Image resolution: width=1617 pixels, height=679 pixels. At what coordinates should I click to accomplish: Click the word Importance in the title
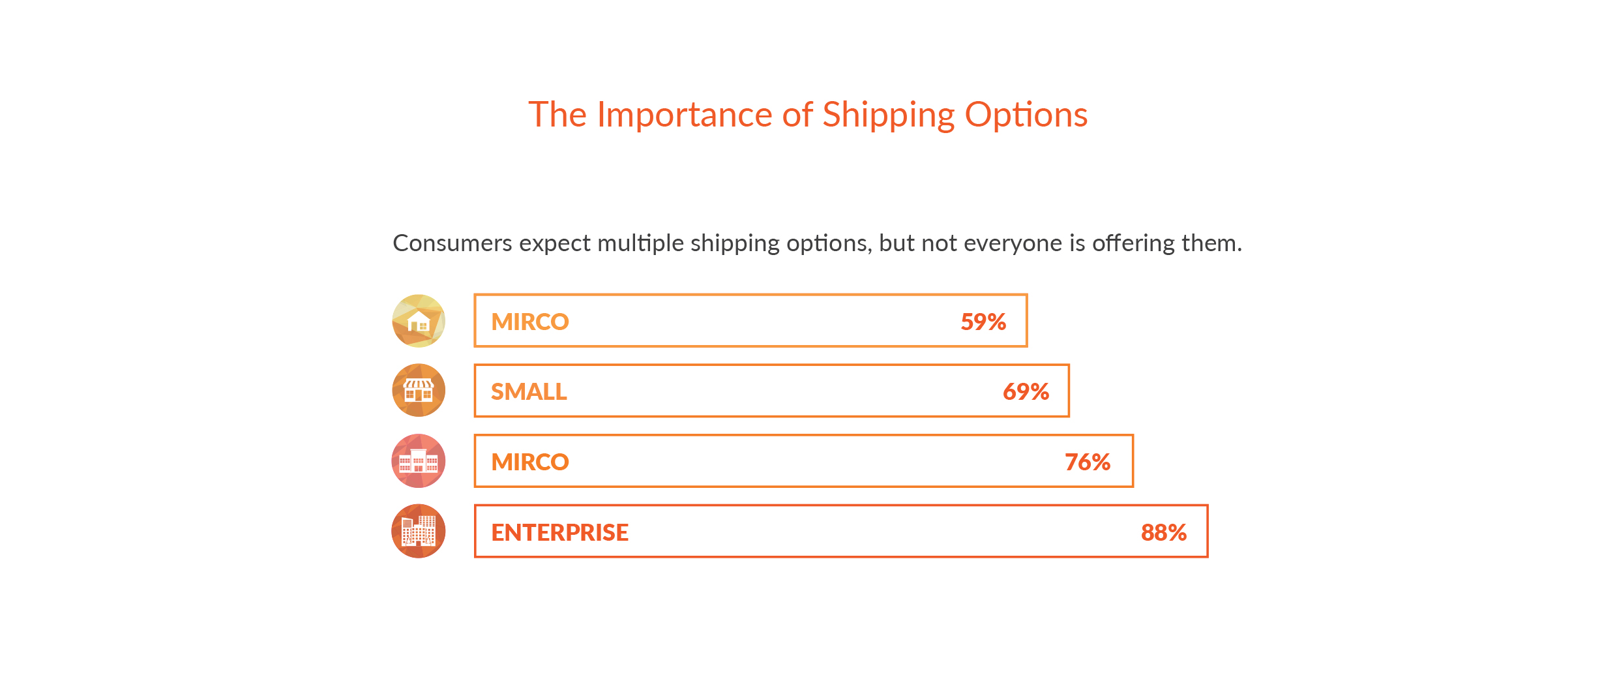pyautogui.click(x=685, y=115)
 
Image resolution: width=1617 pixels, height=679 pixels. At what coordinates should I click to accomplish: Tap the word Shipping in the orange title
pyautogui.click(x=889, y=115)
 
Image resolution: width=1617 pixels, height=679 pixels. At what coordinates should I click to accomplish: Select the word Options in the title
pyautogui.click(x=1026, y=115)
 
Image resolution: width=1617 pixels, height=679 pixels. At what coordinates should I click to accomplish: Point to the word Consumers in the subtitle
pyautogui.click(x=452, y=243)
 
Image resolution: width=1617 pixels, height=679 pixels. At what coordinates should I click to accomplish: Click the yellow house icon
pyautogui.click(x=419, y=321)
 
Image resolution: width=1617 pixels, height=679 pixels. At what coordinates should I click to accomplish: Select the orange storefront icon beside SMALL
pyautogui.click(x=419, y=391)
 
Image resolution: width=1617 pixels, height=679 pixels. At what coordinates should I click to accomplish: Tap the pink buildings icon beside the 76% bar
pyautogui.click(x=419, y=461)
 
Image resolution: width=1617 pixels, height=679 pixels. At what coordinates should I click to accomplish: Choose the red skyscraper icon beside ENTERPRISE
pyautogui.click(x=419, y=531)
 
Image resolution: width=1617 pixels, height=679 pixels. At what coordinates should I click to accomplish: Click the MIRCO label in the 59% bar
pyautogui.click(x=530, y=322)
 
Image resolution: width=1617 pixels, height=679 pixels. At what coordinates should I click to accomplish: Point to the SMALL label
pyautogui.click(x=529, y=391)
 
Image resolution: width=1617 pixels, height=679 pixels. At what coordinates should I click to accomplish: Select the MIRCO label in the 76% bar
pyautogui.click(x=530, y=462)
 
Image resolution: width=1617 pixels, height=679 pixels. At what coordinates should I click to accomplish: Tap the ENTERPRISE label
pyautogui.click(x=559, y=532)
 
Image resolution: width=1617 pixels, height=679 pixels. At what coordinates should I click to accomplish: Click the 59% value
pyautogui.click(x=983, y=322)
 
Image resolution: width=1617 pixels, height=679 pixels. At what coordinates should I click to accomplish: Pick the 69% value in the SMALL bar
pyautogui.click(x=1026, y=391)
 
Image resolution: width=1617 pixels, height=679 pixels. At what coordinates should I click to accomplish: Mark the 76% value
pyautogui.click(x=1088, y=462)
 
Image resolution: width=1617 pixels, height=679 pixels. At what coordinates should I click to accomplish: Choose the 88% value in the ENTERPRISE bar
pyautogui.click(x=1164, y=532)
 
